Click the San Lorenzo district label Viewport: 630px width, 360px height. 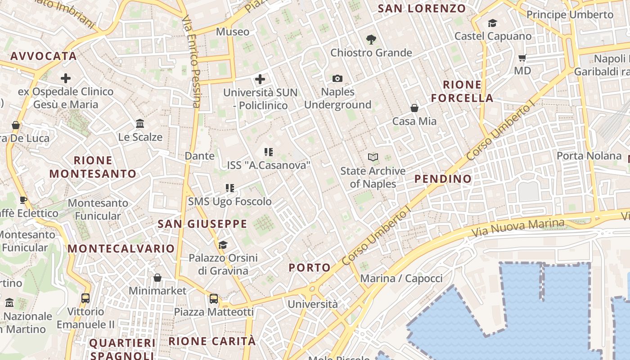pos(422,9)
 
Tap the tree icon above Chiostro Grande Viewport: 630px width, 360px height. pos(371,40)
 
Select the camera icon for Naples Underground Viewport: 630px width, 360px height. pos(337,79)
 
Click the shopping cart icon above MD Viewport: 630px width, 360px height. pos(522,58)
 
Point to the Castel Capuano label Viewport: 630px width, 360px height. pos(493,36)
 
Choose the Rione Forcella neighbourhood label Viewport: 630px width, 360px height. pos(462,91)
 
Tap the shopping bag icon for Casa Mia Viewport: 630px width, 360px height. pos(414,108)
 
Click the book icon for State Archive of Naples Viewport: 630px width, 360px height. pos(373,157)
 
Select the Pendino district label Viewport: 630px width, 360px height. pos(443,179)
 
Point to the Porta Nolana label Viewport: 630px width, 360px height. pos(589,156)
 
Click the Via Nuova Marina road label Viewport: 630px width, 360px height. pos(518,228)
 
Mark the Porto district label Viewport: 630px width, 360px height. pos(310,268)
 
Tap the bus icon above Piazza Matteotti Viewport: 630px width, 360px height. pos(214,298)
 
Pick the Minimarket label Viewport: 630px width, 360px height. pos(157,291)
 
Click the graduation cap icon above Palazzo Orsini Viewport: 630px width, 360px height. pos(223,245)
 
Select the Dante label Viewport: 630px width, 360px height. pos(199,156)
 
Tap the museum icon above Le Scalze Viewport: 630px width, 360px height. pos(140,123)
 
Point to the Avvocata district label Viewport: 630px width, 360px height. pos(43,56)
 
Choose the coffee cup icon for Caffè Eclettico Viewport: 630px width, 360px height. pos(23,200)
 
